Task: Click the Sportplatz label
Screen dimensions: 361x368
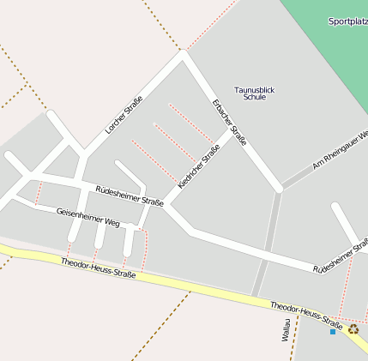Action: [x=347, y=21]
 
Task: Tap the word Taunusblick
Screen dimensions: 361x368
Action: [x=255, y=89]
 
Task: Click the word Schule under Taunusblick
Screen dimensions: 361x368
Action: [x=255, y=98]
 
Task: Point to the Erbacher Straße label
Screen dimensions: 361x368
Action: [x=230, y=123]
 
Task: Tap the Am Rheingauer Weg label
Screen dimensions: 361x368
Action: [x=341, y=150]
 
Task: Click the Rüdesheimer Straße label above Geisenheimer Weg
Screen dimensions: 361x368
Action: [x=129, y=196]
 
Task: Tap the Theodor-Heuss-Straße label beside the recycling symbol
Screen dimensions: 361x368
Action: [x=306, y=316]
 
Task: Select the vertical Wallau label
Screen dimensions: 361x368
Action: [x=286, y=329]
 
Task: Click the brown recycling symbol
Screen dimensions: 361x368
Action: [x=353, y=328]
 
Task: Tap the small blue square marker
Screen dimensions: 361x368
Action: [x=333, y=331]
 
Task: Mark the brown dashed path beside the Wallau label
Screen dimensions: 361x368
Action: [x=294, y=338]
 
